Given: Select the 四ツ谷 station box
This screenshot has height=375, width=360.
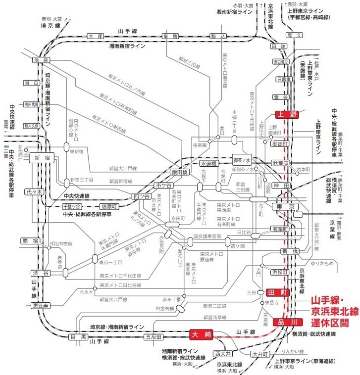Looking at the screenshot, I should point(140,196).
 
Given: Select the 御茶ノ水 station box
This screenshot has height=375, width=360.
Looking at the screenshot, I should point(243,159).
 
